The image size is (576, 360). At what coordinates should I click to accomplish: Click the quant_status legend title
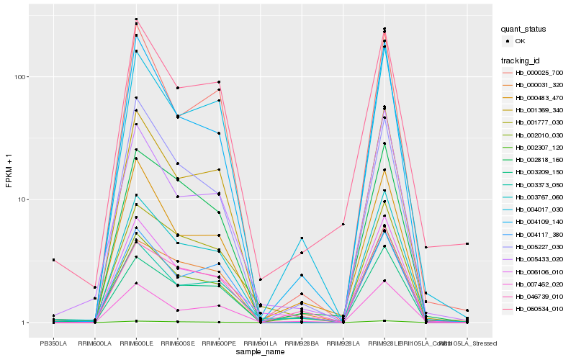[523, 29]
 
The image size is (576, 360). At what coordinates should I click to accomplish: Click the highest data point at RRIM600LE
[136, 19]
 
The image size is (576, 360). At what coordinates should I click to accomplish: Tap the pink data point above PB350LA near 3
[53, 260]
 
